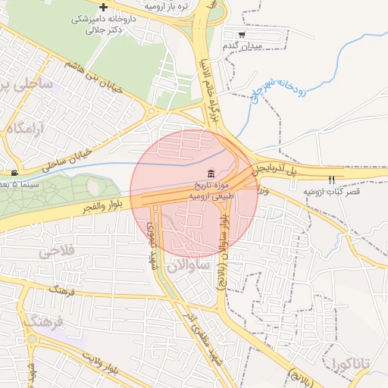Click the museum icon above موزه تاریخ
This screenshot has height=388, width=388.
(210, 174)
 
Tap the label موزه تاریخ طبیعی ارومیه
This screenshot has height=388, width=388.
(210, 189)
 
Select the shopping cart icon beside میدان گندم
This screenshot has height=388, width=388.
(242, 35)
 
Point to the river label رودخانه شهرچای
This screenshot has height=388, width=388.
(275, 95)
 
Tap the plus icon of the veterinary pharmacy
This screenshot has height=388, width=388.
(103, 7)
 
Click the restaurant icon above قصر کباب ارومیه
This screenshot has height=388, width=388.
(331, 179)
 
